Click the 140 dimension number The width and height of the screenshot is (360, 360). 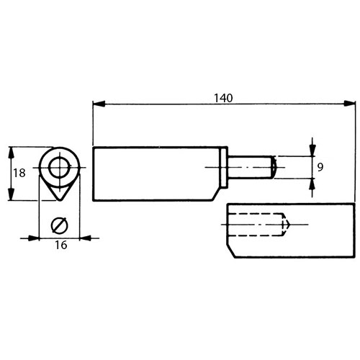(x=223, y=98)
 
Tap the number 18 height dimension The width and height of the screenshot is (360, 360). (x=19, y=173)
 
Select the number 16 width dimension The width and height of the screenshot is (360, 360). (x=61, y=245)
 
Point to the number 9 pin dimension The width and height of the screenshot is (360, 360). (x=320, y=167)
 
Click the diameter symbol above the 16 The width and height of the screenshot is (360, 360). (x=59, y=225)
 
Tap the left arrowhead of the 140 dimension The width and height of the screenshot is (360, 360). (x=99, y=104)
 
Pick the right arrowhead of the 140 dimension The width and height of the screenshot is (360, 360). (x=349, y=104)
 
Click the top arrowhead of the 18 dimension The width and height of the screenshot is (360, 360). (x=11, y=153)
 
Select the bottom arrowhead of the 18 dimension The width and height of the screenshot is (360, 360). (x=11, y=194)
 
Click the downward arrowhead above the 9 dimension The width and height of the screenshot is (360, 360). (x=312, y=150)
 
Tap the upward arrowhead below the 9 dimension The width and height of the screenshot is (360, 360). (x=312, y=184)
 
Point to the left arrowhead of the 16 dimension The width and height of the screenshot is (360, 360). (x=33, y=238)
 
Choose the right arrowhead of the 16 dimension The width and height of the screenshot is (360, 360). (x=85, y=238)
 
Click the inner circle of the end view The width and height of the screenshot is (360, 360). (x=60, y=158)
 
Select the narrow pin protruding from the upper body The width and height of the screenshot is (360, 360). (x=250, y=167)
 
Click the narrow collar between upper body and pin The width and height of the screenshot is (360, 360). (x=224, y=167)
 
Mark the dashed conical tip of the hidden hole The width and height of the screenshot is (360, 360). (x=286, y=225)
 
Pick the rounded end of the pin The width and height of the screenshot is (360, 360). (x=274, y=167)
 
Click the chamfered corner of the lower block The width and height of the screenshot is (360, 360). (x=231, y=251)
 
